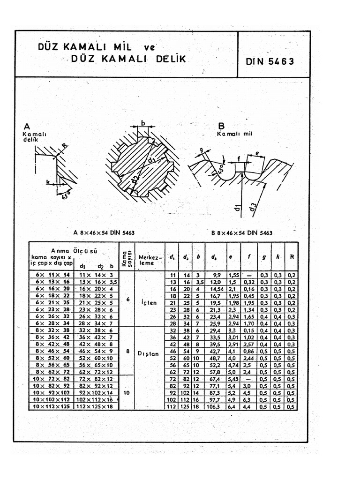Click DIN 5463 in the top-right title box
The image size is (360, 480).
pos(270,61)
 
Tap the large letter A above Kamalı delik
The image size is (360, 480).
pos(27,126)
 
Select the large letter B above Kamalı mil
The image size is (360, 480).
pos(221,126)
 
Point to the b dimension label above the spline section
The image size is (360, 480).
pos(142,123)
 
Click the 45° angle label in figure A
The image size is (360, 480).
pos(64,195)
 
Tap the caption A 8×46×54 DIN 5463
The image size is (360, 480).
pos(104,232)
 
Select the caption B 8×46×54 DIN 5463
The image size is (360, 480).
pos(242,232)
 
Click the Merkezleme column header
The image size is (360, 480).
pos(150,260)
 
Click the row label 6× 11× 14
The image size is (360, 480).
pos(52,274)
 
